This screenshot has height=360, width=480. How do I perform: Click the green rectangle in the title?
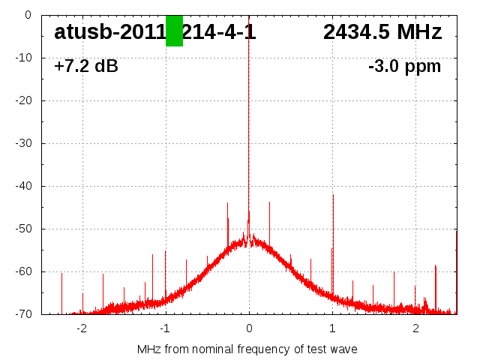tap(174, 31)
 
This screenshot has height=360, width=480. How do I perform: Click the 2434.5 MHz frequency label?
tap(382, 32)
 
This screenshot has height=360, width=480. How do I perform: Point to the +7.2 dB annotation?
tap(85, 67)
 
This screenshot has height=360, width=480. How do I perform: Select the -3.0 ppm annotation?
tap(404, 67)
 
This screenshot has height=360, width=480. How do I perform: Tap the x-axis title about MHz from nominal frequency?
tap(247, 349)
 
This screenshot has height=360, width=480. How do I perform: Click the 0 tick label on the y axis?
tap(27, 14)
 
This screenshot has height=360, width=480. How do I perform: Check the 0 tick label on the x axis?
tap(249, 328)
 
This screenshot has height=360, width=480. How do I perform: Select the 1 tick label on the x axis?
tap(332, 328)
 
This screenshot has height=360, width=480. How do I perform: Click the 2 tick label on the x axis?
tap(415, 328)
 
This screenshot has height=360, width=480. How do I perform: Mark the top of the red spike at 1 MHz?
tap(333, 195)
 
